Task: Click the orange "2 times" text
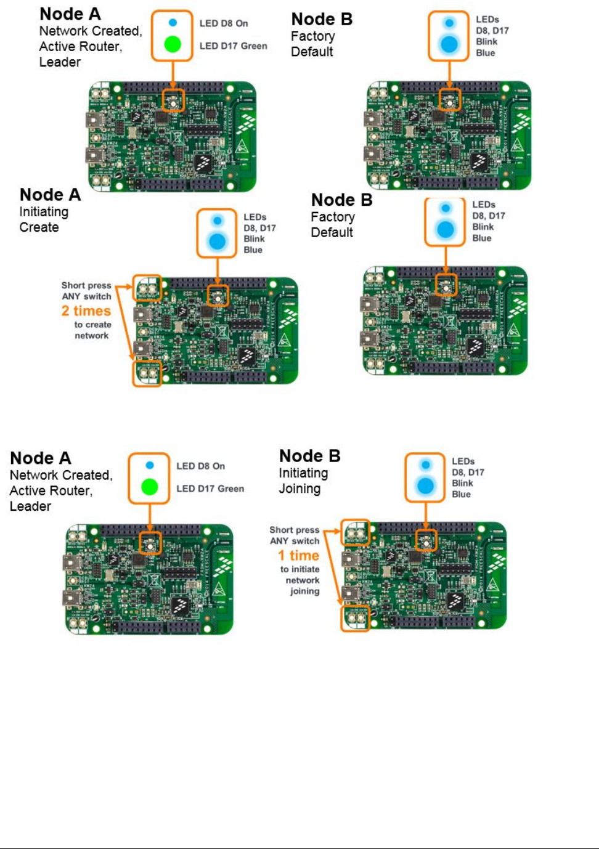pos(86,311)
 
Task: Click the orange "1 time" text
pos(298,556)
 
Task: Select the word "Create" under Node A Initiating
pos(39,227)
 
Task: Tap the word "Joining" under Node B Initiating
pos(299,489)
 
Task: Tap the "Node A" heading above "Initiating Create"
pos(50,195)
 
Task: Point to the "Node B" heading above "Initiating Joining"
pos(309,456)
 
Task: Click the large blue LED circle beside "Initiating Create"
pos(217,241)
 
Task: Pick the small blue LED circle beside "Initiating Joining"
pos(425,465)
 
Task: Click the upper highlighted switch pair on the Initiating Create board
pos(147,288)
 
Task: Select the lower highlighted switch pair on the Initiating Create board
pos(147,373)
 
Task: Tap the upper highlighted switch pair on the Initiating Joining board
pos(355,532)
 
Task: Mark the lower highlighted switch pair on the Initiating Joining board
pos(355,618)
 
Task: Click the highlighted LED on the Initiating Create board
pos(217,296)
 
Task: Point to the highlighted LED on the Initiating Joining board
pos(425,540)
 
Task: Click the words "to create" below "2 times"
pos(92,325)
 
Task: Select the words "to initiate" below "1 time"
pos(299,569)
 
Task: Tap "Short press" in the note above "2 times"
pos(86,285)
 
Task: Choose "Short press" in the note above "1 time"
pos(294,530)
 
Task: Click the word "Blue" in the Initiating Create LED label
pos(253,250)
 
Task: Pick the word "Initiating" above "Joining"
pos(303,473)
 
